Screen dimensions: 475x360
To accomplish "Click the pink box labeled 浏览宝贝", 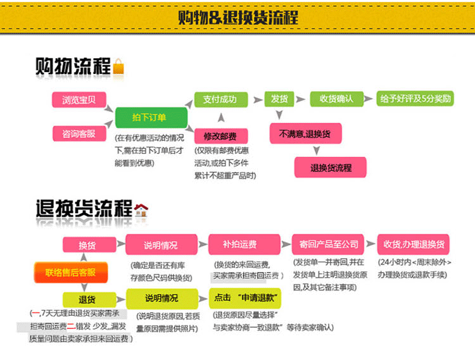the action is coord(79,100).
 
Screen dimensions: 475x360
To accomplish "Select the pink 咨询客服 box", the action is coord(79,133).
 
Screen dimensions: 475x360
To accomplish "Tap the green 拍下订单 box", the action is coord(151,118).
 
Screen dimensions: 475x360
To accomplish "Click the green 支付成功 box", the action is coord(219,99).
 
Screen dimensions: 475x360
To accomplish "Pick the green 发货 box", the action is coord(279,99).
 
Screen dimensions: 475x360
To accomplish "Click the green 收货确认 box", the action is coord(336,99).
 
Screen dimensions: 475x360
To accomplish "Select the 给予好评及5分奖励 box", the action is coord(415,99).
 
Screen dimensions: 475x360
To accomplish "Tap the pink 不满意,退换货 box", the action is coord(305,134).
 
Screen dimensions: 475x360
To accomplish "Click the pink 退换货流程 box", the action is coord(331,168).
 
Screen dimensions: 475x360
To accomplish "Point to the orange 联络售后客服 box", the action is coord(70,273).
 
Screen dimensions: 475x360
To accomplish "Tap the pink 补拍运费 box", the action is coord(240,244).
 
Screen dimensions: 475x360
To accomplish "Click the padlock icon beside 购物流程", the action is coord(118,66).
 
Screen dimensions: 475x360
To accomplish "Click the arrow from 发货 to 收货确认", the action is coord(301,99).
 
